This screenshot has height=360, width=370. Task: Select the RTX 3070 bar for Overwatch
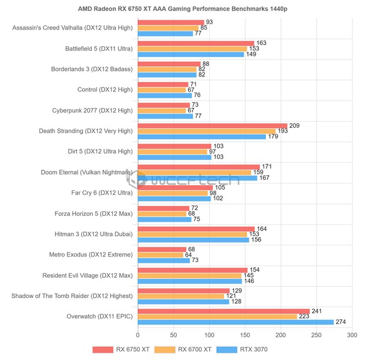(235, 322)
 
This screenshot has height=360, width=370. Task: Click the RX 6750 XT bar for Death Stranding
(212, 126)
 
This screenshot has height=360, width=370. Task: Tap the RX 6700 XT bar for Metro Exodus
(160, 255)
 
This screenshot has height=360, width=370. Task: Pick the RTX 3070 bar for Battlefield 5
(191, 54)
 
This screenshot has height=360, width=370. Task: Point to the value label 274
(341, 322)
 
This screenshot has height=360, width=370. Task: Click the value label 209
(295, 126)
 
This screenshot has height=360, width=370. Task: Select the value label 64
(189, 255)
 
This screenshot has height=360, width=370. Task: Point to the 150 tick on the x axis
(245, 335)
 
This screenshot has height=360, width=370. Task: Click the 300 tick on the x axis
(351, 335)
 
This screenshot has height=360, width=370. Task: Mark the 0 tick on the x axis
(138, 335)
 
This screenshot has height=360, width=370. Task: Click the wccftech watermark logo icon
(139, 179)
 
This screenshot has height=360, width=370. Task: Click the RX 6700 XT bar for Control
(161, 90)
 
